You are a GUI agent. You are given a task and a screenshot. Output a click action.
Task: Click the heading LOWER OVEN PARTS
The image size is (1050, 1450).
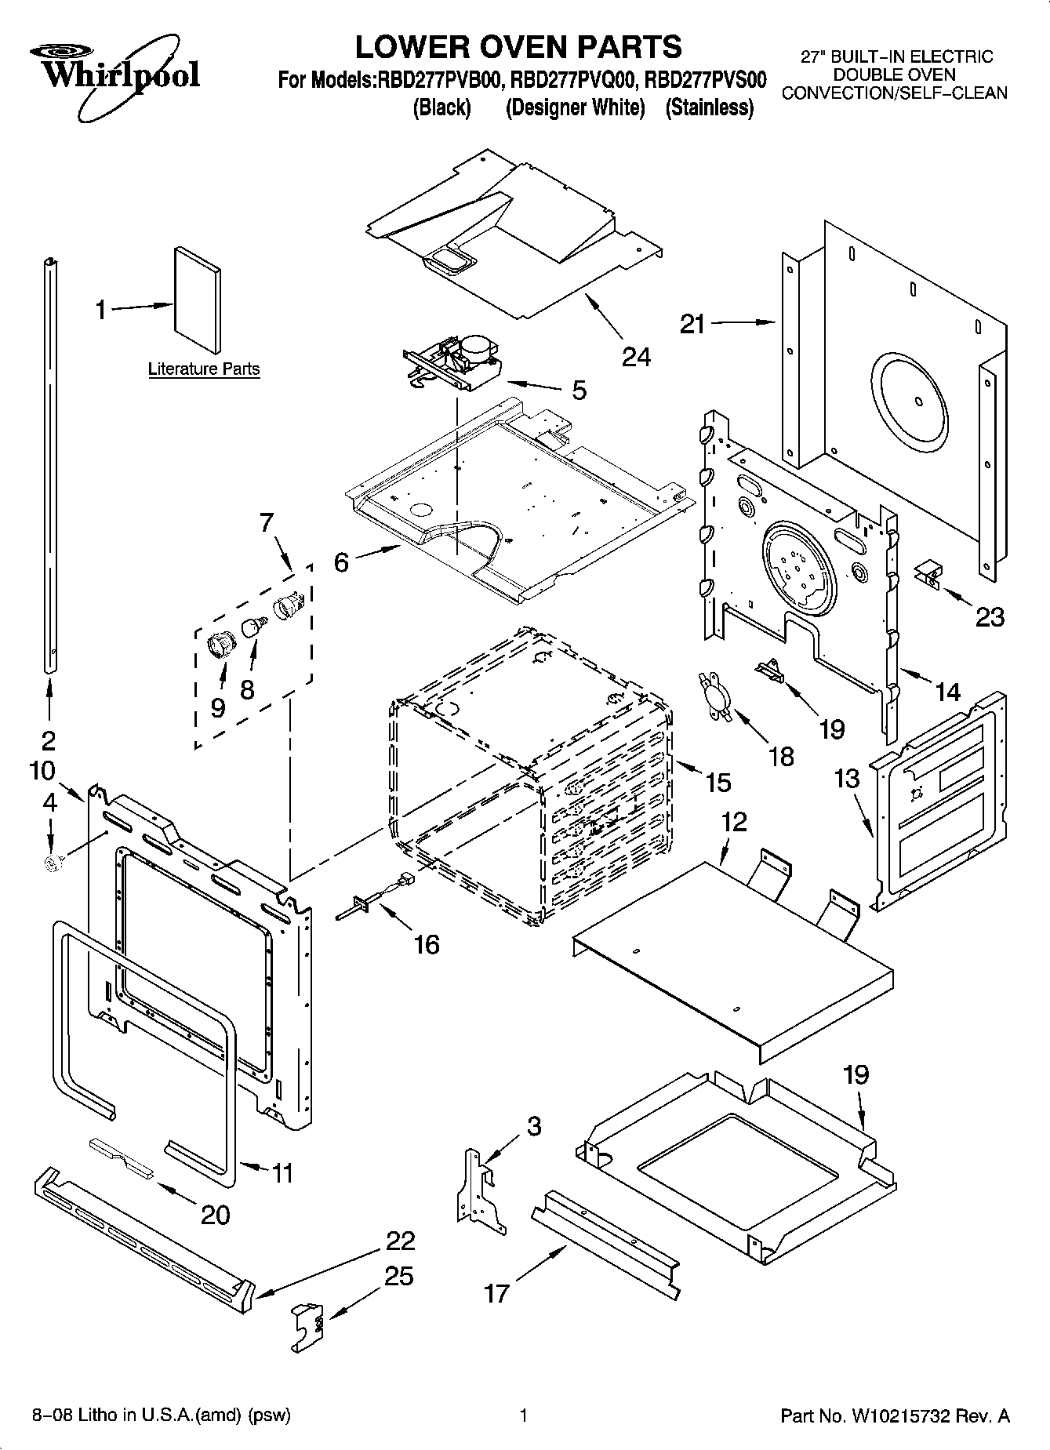(518, 47)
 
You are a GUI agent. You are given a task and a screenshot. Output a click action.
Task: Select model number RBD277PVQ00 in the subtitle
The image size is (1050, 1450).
(571, 80)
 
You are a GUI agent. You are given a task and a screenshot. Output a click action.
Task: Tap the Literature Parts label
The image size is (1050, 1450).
(204, 369)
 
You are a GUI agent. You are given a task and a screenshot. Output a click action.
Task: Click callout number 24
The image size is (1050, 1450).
(636, 357)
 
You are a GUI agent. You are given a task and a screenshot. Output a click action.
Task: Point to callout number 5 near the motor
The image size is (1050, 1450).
(579, 390)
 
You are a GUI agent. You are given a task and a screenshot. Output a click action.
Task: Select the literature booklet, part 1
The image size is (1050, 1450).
(198, 301)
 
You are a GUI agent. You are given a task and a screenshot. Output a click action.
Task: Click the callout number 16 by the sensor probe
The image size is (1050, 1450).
(427, 944)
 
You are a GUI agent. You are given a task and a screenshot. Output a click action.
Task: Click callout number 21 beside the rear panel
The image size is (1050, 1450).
(692, 323)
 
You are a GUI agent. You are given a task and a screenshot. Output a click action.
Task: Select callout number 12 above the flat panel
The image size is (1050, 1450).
(734, 822)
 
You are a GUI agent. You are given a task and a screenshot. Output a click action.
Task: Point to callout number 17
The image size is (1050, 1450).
(497, 1292)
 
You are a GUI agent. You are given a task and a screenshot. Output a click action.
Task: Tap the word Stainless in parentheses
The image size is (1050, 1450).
(709, 107)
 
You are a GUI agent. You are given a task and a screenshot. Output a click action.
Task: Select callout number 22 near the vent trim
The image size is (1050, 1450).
(400, 1241)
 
